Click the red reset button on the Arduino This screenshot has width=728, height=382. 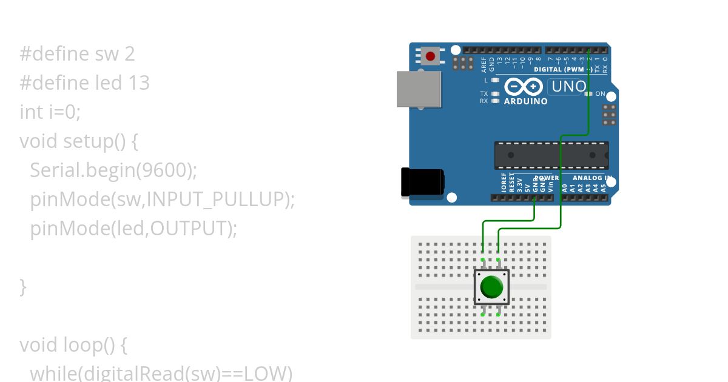431,56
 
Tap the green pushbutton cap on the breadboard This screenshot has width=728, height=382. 491,287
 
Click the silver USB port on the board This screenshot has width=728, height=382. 419,89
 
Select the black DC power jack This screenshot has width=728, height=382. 422,182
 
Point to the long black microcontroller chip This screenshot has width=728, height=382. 551,155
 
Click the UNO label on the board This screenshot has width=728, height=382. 568,87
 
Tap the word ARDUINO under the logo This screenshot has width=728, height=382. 525,102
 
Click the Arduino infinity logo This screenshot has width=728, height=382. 524,87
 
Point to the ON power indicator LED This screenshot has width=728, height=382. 587,94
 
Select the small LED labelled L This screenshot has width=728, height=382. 495,80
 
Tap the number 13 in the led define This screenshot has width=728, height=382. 138,83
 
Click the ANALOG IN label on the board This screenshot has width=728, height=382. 590,178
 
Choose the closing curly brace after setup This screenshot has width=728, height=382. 23,286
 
